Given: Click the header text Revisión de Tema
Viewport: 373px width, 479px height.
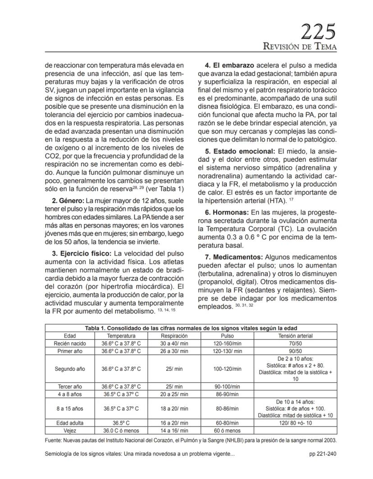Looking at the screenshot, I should point(300,47).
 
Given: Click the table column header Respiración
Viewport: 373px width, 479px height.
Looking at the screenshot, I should point(174,336).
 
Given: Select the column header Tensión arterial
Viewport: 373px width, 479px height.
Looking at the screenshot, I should point(296,336).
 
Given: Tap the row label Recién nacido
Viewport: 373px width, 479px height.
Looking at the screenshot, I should point(69,343).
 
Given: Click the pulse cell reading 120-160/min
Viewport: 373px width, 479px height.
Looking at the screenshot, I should point(227,343).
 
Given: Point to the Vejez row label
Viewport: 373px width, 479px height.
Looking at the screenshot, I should point(69,430).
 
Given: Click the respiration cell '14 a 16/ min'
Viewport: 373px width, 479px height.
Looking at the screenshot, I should point(174,430).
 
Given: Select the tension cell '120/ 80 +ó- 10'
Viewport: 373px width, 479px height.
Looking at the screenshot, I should point(296,423).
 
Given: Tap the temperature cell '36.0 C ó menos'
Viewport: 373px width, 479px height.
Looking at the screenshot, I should point(121,430).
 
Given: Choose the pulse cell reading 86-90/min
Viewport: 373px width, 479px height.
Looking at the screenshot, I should point(227,394).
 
